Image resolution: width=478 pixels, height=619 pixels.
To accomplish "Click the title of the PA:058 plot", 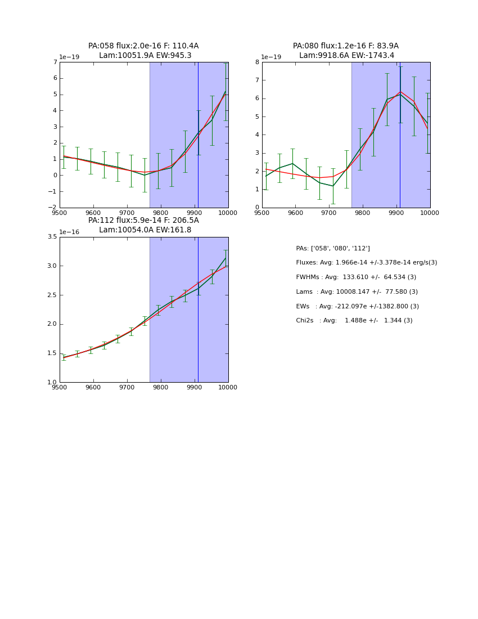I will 143,51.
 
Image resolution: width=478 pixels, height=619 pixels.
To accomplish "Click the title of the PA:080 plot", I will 346,51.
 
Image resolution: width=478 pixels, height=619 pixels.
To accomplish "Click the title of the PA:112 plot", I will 143,225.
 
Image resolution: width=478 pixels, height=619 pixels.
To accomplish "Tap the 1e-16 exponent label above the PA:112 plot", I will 69,232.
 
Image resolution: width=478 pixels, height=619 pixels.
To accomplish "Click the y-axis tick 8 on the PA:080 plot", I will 257,62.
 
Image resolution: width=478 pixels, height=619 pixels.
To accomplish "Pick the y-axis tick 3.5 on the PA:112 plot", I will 52,237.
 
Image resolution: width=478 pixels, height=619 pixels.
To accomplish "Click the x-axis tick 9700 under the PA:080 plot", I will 329,213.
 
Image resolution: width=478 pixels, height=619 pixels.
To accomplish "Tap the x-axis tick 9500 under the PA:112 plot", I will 60,388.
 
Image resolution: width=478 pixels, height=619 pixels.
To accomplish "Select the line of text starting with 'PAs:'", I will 333,249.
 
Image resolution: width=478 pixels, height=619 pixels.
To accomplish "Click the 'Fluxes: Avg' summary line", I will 366,263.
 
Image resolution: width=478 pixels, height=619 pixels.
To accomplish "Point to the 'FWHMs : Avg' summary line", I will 356,277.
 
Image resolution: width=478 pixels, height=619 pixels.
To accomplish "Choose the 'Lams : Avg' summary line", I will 357,292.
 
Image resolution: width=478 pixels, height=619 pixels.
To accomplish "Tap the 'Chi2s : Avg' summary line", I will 354,321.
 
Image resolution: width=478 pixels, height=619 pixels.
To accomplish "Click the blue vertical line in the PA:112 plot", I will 198,338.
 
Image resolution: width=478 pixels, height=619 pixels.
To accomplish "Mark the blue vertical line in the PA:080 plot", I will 400,169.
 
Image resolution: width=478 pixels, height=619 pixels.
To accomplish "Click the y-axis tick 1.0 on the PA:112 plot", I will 52,383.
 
